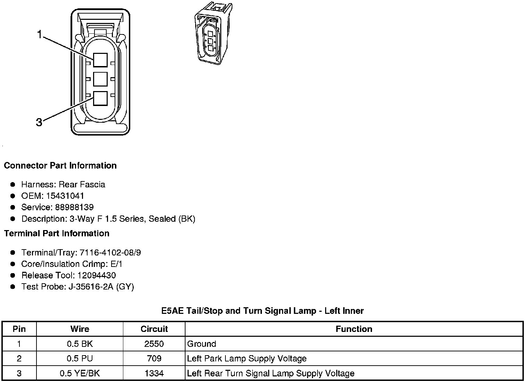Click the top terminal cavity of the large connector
(x=100, y=60)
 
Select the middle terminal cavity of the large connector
(x=100, y=79)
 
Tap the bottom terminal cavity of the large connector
(x=100, y=98)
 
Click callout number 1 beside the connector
(x=40, y=34)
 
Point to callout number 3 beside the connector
(x=39, y=122)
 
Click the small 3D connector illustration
(x=212, y=34)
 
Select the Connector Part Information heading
(x=60, y=165)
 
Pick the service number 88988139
(x=74, y=207)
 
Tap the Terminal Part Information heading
(x=57, y=233)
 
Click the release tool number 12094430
(x=97, y=275)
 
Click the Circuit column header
(x=154, y=329)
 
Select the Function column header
(x=354, y=329)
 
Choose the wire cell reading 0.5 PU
(x=80, y=358)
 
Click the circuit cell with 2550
(x=154, y=344)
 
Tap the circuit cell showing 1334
(x=154, y=373)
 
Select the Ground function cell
(x=201, y=344)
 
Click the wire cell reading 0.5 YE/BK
(x=80, y=373)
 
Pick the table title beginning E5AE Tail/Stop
(x=262, y=310)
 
